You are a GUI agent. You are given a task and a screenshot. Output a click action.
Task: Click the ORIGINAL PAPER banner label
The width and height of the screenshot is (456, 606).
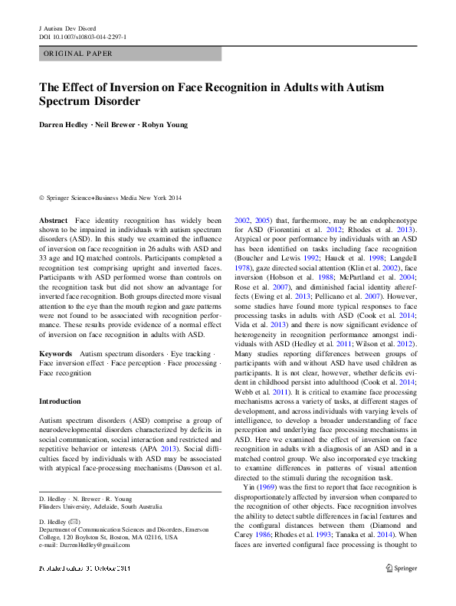[x=78, y=54]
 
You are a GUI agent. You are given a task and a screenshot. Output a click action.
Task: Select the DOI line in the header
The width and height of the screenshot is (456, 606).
[x=83, y=36]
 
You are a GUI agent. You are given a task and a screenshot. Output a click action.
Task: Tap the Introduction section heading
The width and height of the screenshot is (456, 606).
[x=60, y=401]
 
